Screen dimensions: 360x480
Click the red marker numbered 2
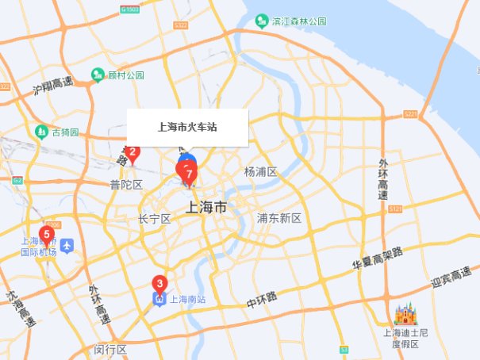[133, 152]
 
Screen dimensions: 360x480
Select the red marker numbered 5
[47, 235]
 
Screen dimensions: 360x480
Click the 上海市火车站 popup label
[187, 127]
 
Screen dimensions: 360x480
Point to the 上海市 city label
[205, 208]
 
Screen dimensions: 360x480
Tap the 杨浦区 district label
[260, 172]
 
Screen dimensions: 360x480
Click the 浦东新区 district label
[279, 218]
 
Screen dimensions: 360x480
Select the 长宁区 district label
[155, 218]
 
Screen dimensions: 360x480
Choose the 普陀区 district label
[126, 185]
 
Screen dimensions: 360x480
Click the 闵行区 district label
[110, 349]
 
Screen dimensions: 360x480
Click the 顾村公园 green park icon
[98, 75]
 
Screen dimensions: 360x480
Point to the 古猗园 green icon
[40, 131]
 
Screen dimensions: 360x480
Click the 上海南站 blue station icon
[159, 300]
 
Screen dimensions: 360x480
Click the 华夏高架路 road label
[378, 259]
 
